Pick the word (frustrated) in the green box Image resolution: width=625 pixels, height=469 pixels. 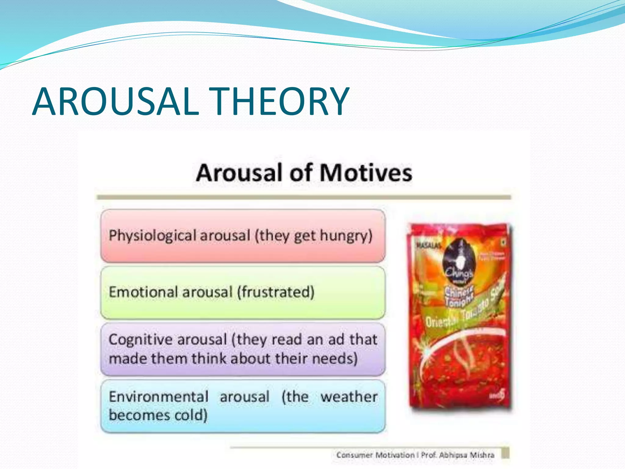coord(276,292)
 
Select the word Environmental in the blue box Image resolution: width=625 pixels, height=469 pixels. coord(159,397)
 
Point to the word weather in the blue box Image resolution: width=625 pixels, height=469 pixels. coord(349,397)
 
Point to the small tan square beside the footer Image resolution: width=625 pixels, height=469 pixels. coord(505,453)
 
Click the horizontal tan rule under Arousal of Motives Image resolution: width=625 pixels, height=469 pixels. coord(304,197)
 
